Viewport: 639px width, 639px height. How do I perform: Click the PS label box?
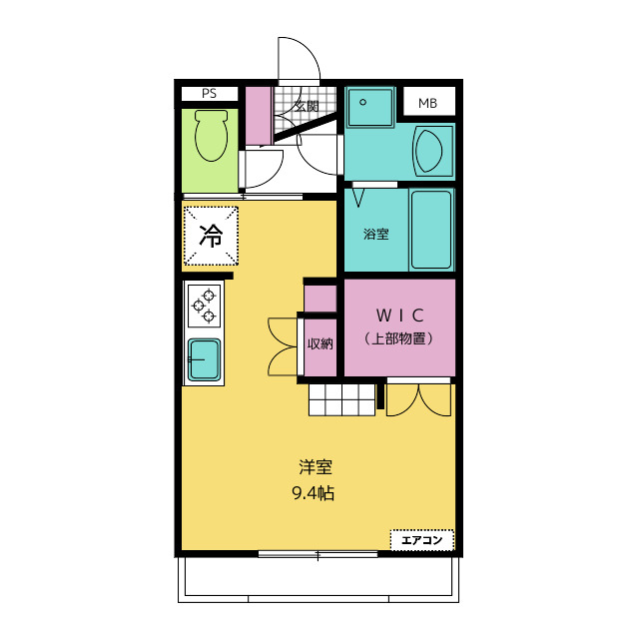tap(210, 94)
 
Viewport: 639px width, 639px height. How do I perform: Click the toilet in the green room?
tap(211, 136)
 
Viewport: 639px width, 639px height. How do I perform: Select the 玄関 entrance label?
tap(307, 107)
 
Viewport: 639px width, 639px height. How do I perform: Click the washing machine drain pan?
tap(370, 107)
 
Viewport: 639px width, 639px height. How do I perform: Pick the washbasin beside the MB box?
tap(433, 151)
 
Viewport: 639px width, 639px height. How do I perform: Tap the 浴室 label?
tap(375, 234)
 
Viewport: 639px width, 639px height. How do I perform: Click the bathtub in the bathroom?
tap(431, 230)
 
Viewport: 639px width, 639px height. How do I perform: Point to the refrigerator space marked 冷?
tap(211, 236)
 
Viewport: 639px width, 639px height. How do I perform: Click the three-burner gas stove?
tap(204, 306)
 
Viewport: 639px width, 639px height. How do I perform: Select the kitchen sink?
tap(204, 359)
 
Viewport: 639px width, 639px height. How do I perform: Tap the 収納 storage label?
tap(320, 343)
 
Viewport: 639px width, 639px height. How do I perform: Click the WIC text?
tap(399, 316)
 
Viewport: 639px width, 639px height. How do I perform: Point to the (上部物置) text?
tap(399, 338)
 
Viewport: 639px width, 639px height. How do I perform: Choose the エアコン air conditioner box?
tap(421, 540)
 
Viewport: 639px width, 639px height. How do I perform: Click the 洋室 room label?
tap(316, 467)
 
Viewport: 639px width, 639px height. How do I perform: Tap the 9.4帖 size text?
tap(313, 493)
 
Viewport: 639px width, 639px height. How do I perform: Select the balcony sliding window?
tap(318, 554)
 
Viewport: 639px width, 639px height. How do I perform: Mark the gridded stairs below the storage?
tap(341, 399)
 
